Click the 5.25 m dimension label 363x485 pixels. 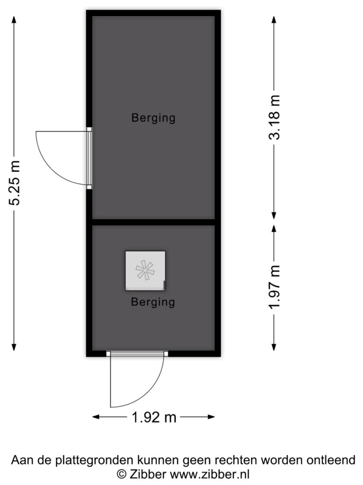point(14,183)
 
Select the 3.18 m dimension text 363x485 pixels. point(274,117)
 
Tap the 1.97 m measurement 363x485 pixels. point(274,287)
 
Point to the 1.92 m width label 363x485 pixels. point(154,418)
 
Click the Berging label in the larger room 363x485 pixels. point(154,118)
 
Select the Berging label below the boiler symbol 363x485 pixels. point(153,302)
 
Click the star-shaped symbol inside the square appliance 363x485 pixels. point(145,270)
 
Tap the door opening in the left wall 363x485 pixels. point(89,158)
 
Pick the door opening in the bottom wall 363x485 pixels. point(137,353)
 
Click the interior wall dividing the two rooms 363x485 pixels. point(154,222)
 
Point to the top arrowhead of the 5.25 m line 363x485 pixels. point(14,19)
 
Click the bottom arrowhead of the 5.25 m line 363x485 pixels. point(14,347)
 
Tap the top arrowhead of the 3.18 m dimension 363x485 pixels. point(274,19)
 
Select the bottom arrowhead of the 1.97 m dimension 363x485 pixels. point(274,347)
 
